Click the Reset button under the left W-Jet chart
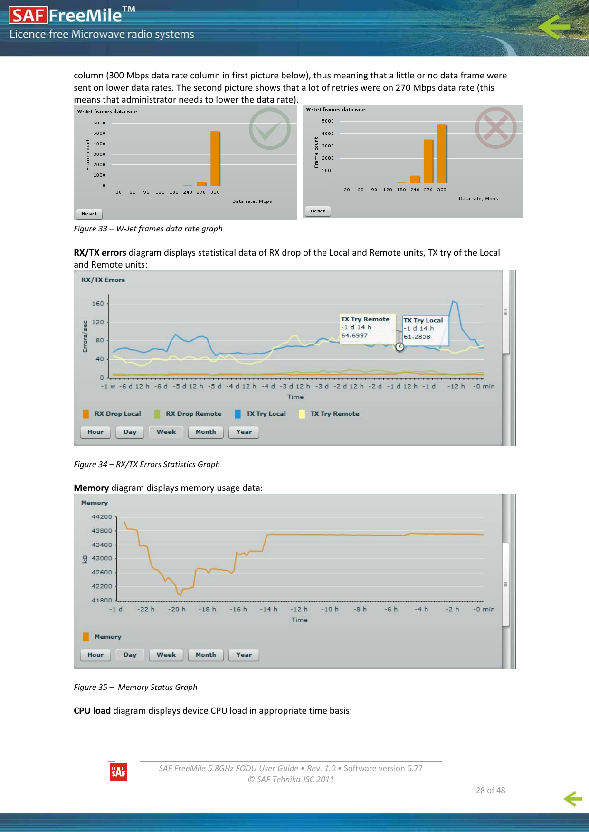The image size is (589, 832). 89,214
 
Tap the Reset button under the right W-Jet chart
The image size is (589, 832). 318,211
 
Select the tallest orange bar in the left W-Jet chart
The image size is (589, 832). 215,158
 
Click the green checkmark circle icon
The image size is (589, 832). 270,128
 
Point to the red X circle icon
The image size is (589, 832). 495,127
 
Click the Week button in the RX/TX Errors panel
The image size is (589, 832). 166,432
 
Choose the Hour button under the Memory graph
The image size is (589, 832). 95,655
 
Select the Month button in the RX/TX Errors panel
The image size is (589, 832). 206,432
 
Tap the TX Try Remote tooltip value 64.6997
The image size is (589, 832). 354,335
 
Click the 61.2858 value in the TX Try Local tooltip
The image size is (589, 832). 417,336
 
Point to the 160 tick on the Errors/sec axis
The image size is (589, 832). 98,303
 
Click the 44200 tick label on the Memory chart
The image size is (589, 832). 102,516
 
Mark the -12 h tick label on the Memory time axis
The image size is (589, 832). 299,609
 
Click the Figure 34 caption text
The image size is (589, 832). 147,464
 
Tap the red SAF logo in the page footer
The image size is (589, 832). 118,772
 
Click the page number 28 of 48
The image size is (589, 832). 490,790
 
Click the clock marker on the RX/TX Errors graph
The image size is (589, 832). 400,347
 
